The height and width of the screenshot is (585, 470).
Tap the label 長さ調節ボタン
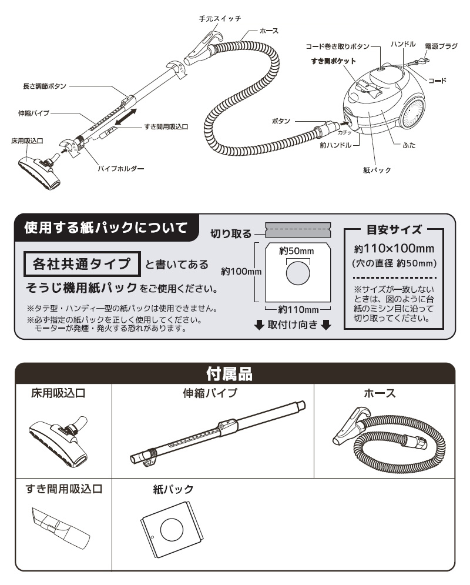(44, 86)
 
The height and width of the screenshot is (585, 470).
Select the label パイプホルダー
(120, 169)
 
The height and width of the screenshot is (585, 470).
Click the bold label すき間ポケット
(333, 61)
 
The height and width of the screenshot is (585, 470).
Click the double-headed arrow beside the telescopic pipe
(127, 116)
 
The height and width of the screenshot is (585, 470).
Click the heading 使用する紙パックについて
(106, 228)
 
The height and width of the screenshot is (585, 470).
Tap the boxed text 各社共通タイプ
(82, 265)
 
